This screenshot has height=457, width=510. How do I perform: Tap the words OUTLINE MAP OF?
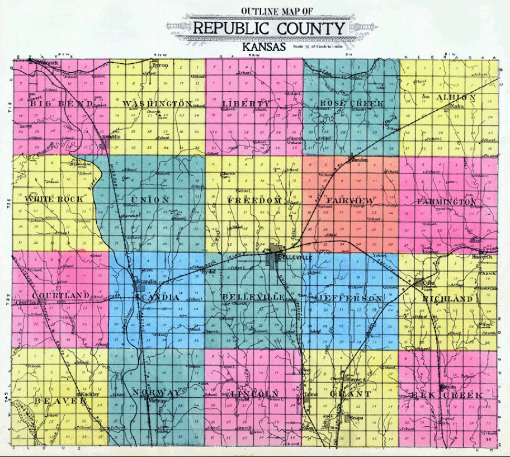click(x=269, y=11)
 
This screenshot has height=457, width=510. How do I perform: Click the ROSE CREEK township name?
click(x=352, y=104)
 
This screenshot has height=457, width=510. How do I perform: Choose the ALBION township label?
click(x=456, y=98)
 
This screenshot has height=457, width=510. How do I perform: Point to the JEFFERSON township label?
click(x=350, y=298)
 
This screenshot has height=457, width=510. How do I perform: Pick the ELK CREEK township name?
click(x=453, y=395)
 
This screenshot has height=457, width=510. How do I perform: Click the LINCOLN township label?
click(x=254, y=394)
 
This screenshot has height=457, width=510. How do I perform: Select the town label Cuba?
click(x=429, y=283)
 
